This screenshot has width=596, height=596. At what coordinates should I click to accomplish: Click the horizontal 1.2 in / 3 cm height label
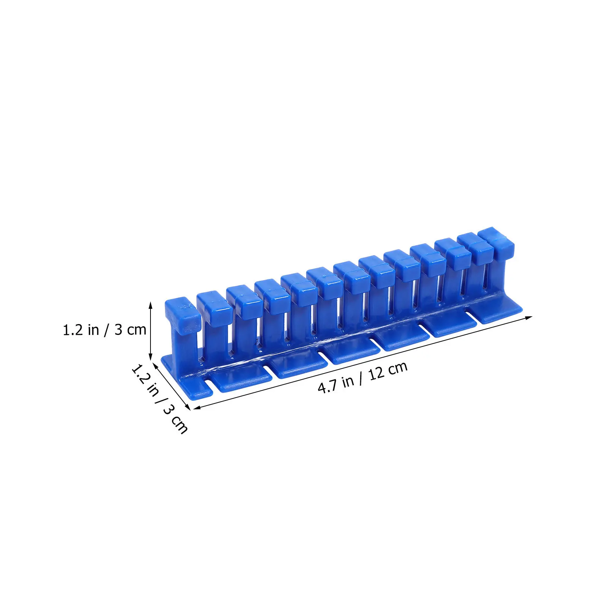(104, 330)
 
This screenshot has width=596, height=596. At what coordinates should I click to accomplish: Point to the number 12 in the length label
(377, 373)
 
